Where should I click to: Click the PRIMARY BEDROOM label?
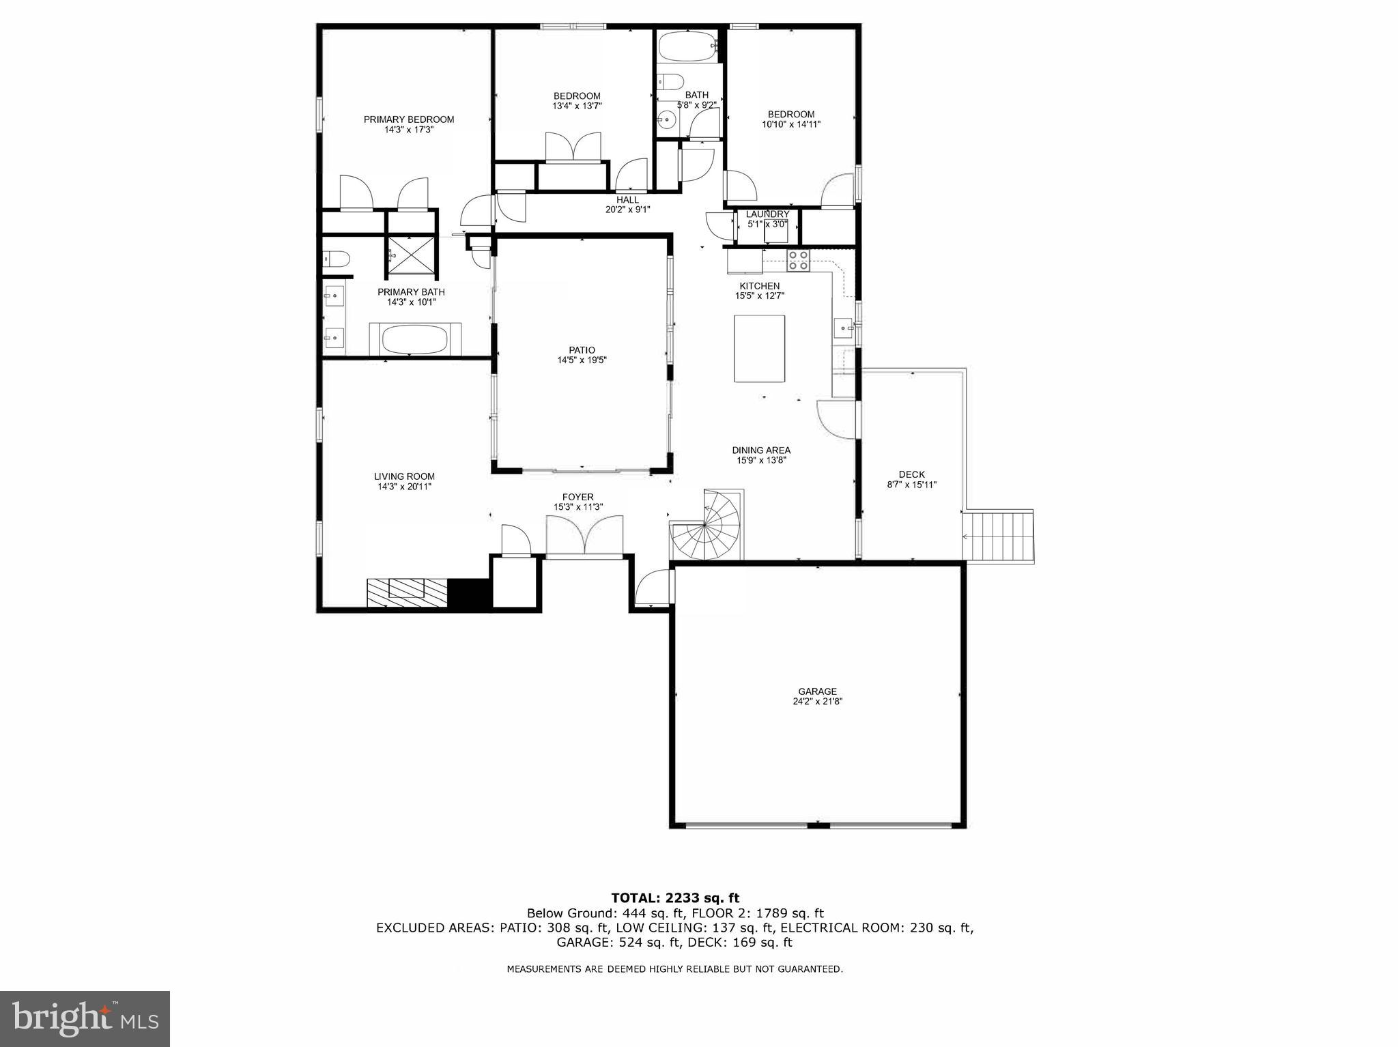[x=408, y=119]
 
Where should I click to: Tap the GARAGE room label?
[x=817, y=691]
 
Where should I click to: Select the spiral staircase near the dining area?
[x=710, y=526]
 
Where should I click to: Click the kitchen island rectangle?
[x=759, y=348]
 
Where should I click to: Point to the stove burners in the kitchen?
[x=798, y=260]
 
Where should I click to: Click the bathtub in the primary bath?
[x=414, y=339]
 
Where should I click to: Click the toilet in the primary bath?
[x=336, y=258]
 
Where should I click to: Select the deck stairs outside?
[x=998, y=536]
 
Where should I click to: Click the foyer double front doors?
[x=585, y=536]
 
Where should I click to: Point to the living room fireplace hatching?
[x=406, y=592]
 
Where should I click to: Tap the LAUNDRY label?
[x=767, y=214]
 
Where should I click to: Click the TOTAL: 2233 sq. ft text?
[x=674, y=898]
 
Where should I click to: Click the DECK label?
[x=911, y=474]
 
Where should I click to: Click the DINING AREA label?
[x=761, y=450]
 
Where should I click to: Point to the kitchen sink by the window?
[x=845, y=328]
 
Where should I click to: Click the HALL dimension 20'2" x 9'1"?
[x=627, y=210]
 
